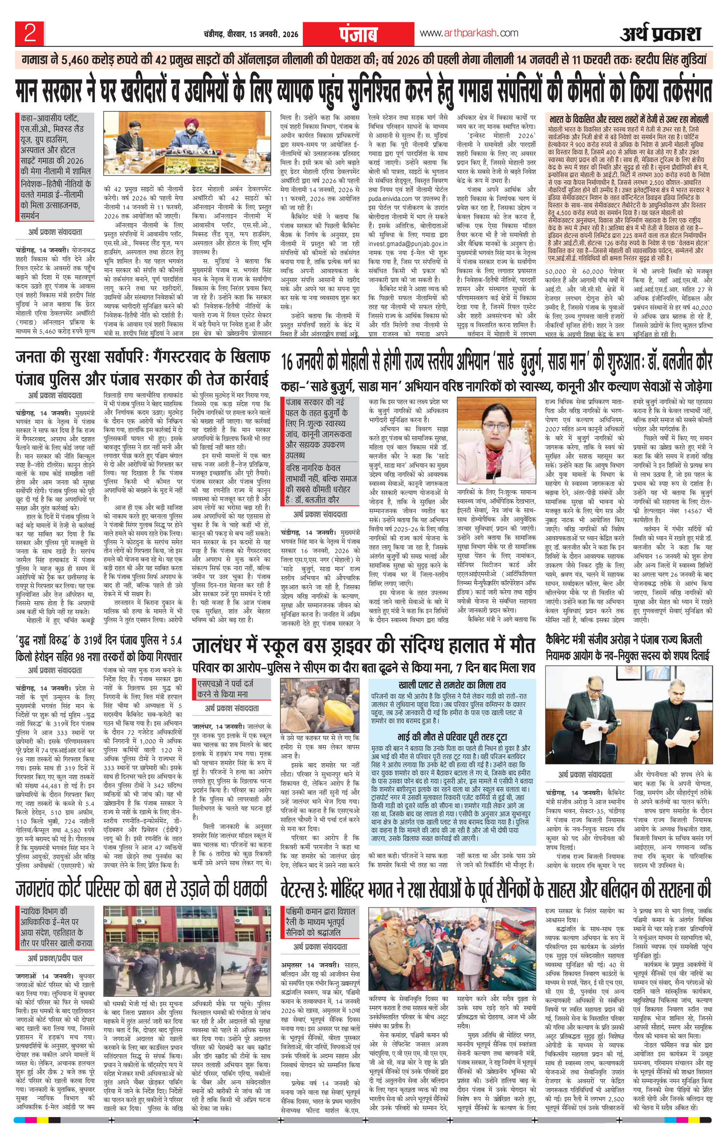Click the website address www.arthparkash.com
pos(469,33)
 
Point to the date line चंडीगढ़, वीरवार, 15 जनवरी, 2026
pos(248,34)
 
